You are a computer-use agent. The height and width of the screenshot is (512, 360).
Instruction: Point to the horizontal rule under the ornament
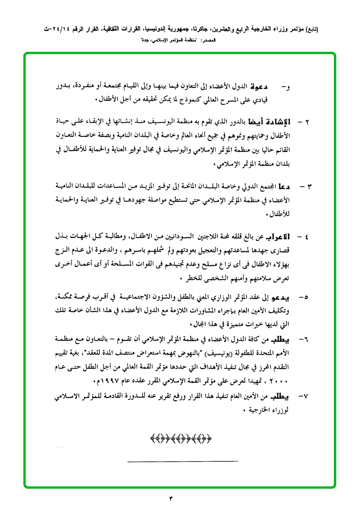click(x=183, y=461)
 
